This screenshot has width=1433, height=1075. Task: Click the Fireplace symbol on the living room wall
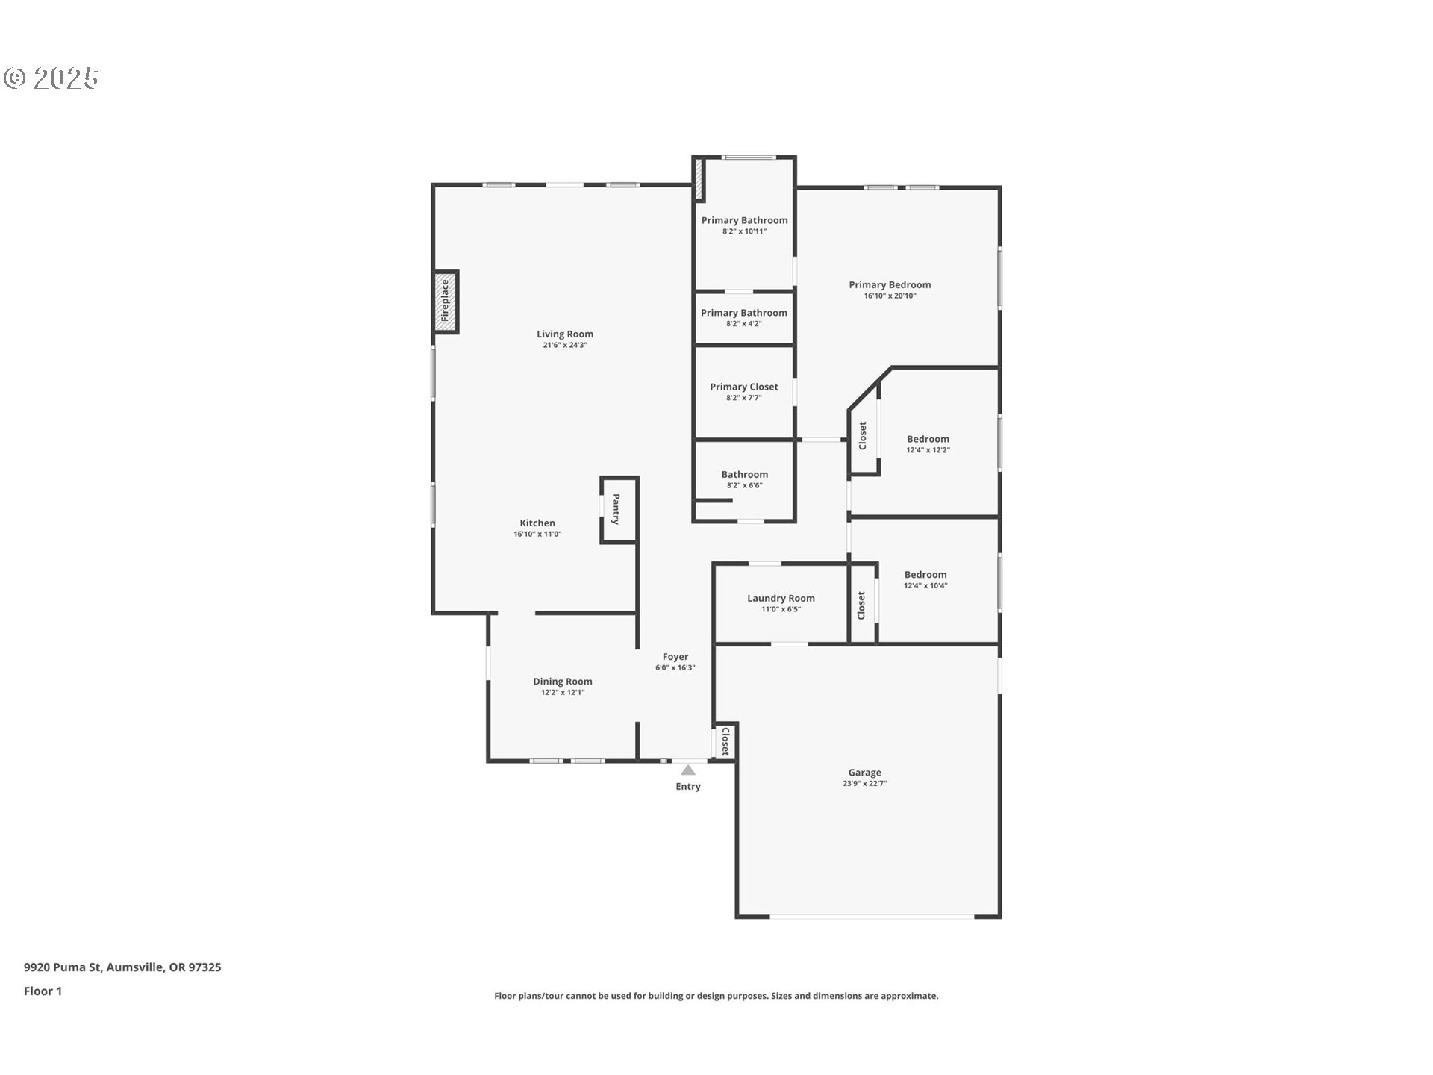click(446, 302)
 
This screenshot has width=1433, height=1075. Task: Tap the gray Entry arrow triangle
click(688, 770)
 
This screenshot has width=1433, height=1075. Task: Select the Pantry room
click(619, 509)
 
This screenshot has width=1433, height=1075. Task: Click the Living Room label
click(565, 334)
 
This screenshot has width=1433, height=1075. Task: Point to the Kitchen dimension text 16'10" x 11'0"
click(537, 535)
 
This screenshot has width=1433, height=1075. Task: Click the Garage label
click(864, 773)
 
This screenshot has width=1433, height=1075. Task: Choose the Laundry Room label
click(781, 598)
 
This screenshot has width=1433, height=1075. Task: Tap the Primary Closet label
click(744, 387)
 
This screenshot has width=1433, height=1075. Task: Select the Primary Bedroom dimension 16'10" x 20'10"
click(890, 296)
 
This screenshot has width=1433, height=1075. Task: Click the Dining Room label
click(563, 682)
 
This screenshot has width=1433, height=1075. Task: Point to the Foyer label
click(675, 657)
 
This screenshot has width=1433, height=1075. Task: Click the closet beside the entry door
click(725, 741)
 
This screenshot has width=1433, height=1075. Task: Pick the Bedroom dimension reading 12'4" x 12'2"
click(928, 451)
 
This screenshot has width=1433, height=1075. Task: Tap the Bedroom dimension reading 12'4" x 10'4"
click(925, 586)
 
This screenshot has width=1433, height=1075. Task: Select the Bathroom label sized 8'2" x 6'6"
click(744, 474)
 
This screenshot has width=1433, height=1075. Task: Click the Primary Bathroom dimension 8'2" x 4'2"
click(744, 324)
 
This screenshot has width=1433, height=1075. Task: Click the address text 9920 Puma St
click(63, 967)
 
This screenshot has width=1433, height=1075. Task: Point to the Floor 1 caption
click(43, 991)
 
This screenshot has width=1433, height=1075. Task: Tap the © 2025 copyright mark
click(51, 78)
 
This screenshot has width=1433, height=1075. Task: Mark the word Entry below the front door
click(688, 787)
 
